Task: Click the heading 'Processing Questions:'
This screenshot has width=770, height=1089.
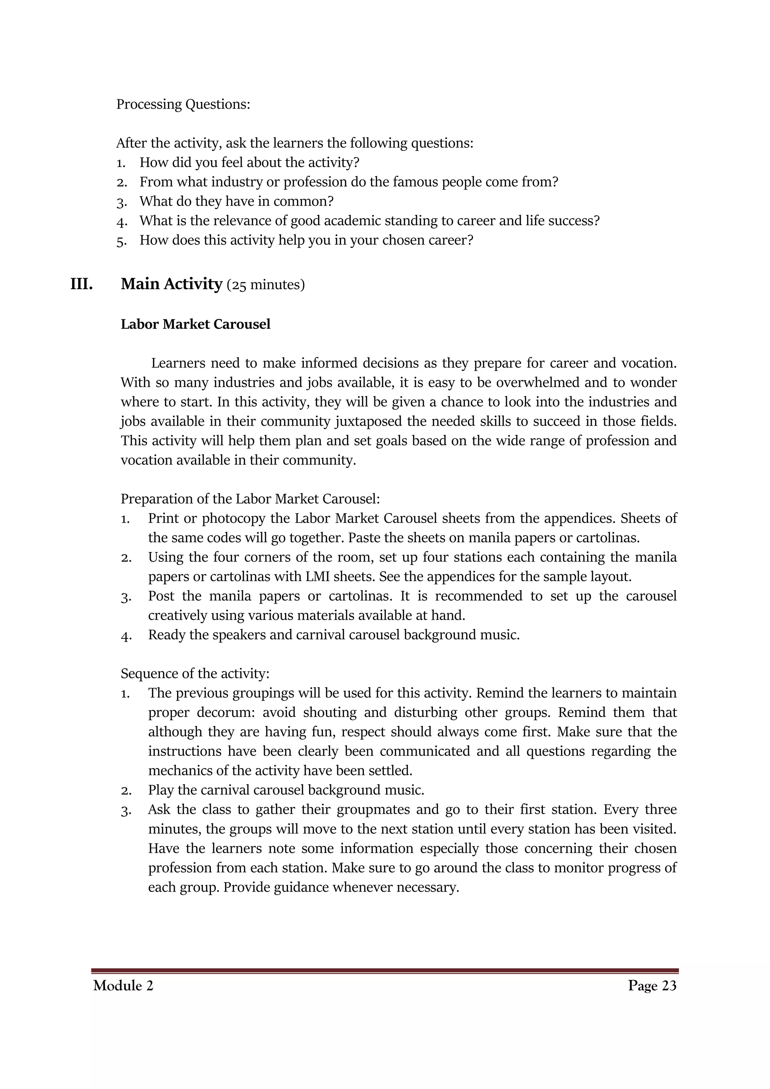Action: (x=183, y=104)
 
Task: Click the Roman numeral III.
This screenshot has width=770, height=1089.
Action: (x=82, y=284)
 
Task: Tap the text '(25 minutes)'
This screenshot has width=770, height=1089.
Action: (x=265, y=285)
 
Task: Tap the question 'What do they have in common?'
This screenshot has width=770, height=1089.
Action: (x=236, y=201)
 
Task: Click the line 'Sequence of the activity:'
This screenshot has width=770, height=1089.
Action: (x=195, y=673)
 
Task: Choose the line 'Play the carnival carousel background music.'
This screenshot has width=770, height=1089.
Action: (x=286, y=790)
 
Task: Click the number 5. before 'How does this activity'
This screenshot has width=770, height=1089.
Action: (x=121, y=241)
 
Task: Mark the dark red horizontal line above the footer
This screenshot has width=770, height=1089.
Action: (x=385, y=971)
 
